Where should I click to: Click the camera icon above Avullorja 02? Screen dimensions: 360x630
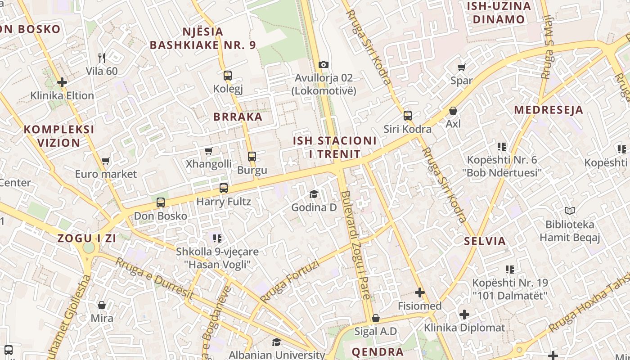323,65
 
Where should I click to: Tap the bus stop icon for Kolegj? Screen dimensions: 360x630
228,76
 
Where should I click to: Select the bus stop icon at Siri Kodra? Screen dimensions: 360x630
408,116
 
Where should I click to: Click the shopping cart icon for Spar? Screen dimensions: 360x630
461,67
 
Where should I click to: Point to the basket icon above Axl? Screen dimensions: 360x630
453,111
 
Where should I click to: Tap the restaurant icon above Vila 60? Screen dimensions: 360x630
102,58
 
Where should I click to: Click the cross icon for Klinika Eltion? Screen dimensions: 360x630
62,82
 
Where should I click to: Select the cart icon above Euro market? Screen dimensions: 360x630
106,161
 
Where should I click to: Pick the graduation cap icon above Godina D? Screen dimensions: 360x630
314,194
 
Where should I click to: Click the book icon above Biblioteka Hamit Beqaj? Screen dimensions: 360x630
570,211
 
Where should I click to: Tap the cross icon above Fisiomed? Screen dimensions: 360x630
420,293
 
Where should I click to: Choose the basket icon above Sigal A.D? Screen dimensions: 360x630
376,319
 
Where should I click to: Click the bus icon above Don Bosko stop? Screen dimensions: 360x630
161,202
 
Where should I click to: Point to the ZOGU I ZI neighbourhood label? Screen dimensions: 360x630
87,238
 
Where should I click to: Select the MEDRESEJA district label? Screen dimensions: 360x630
549,110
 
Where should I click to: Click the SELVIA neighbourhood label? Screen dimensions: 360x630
485,241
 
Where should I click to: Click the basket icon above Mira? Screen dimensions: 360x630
102,305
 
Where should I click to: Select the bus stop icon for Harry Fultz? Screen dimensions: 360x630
224,188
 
